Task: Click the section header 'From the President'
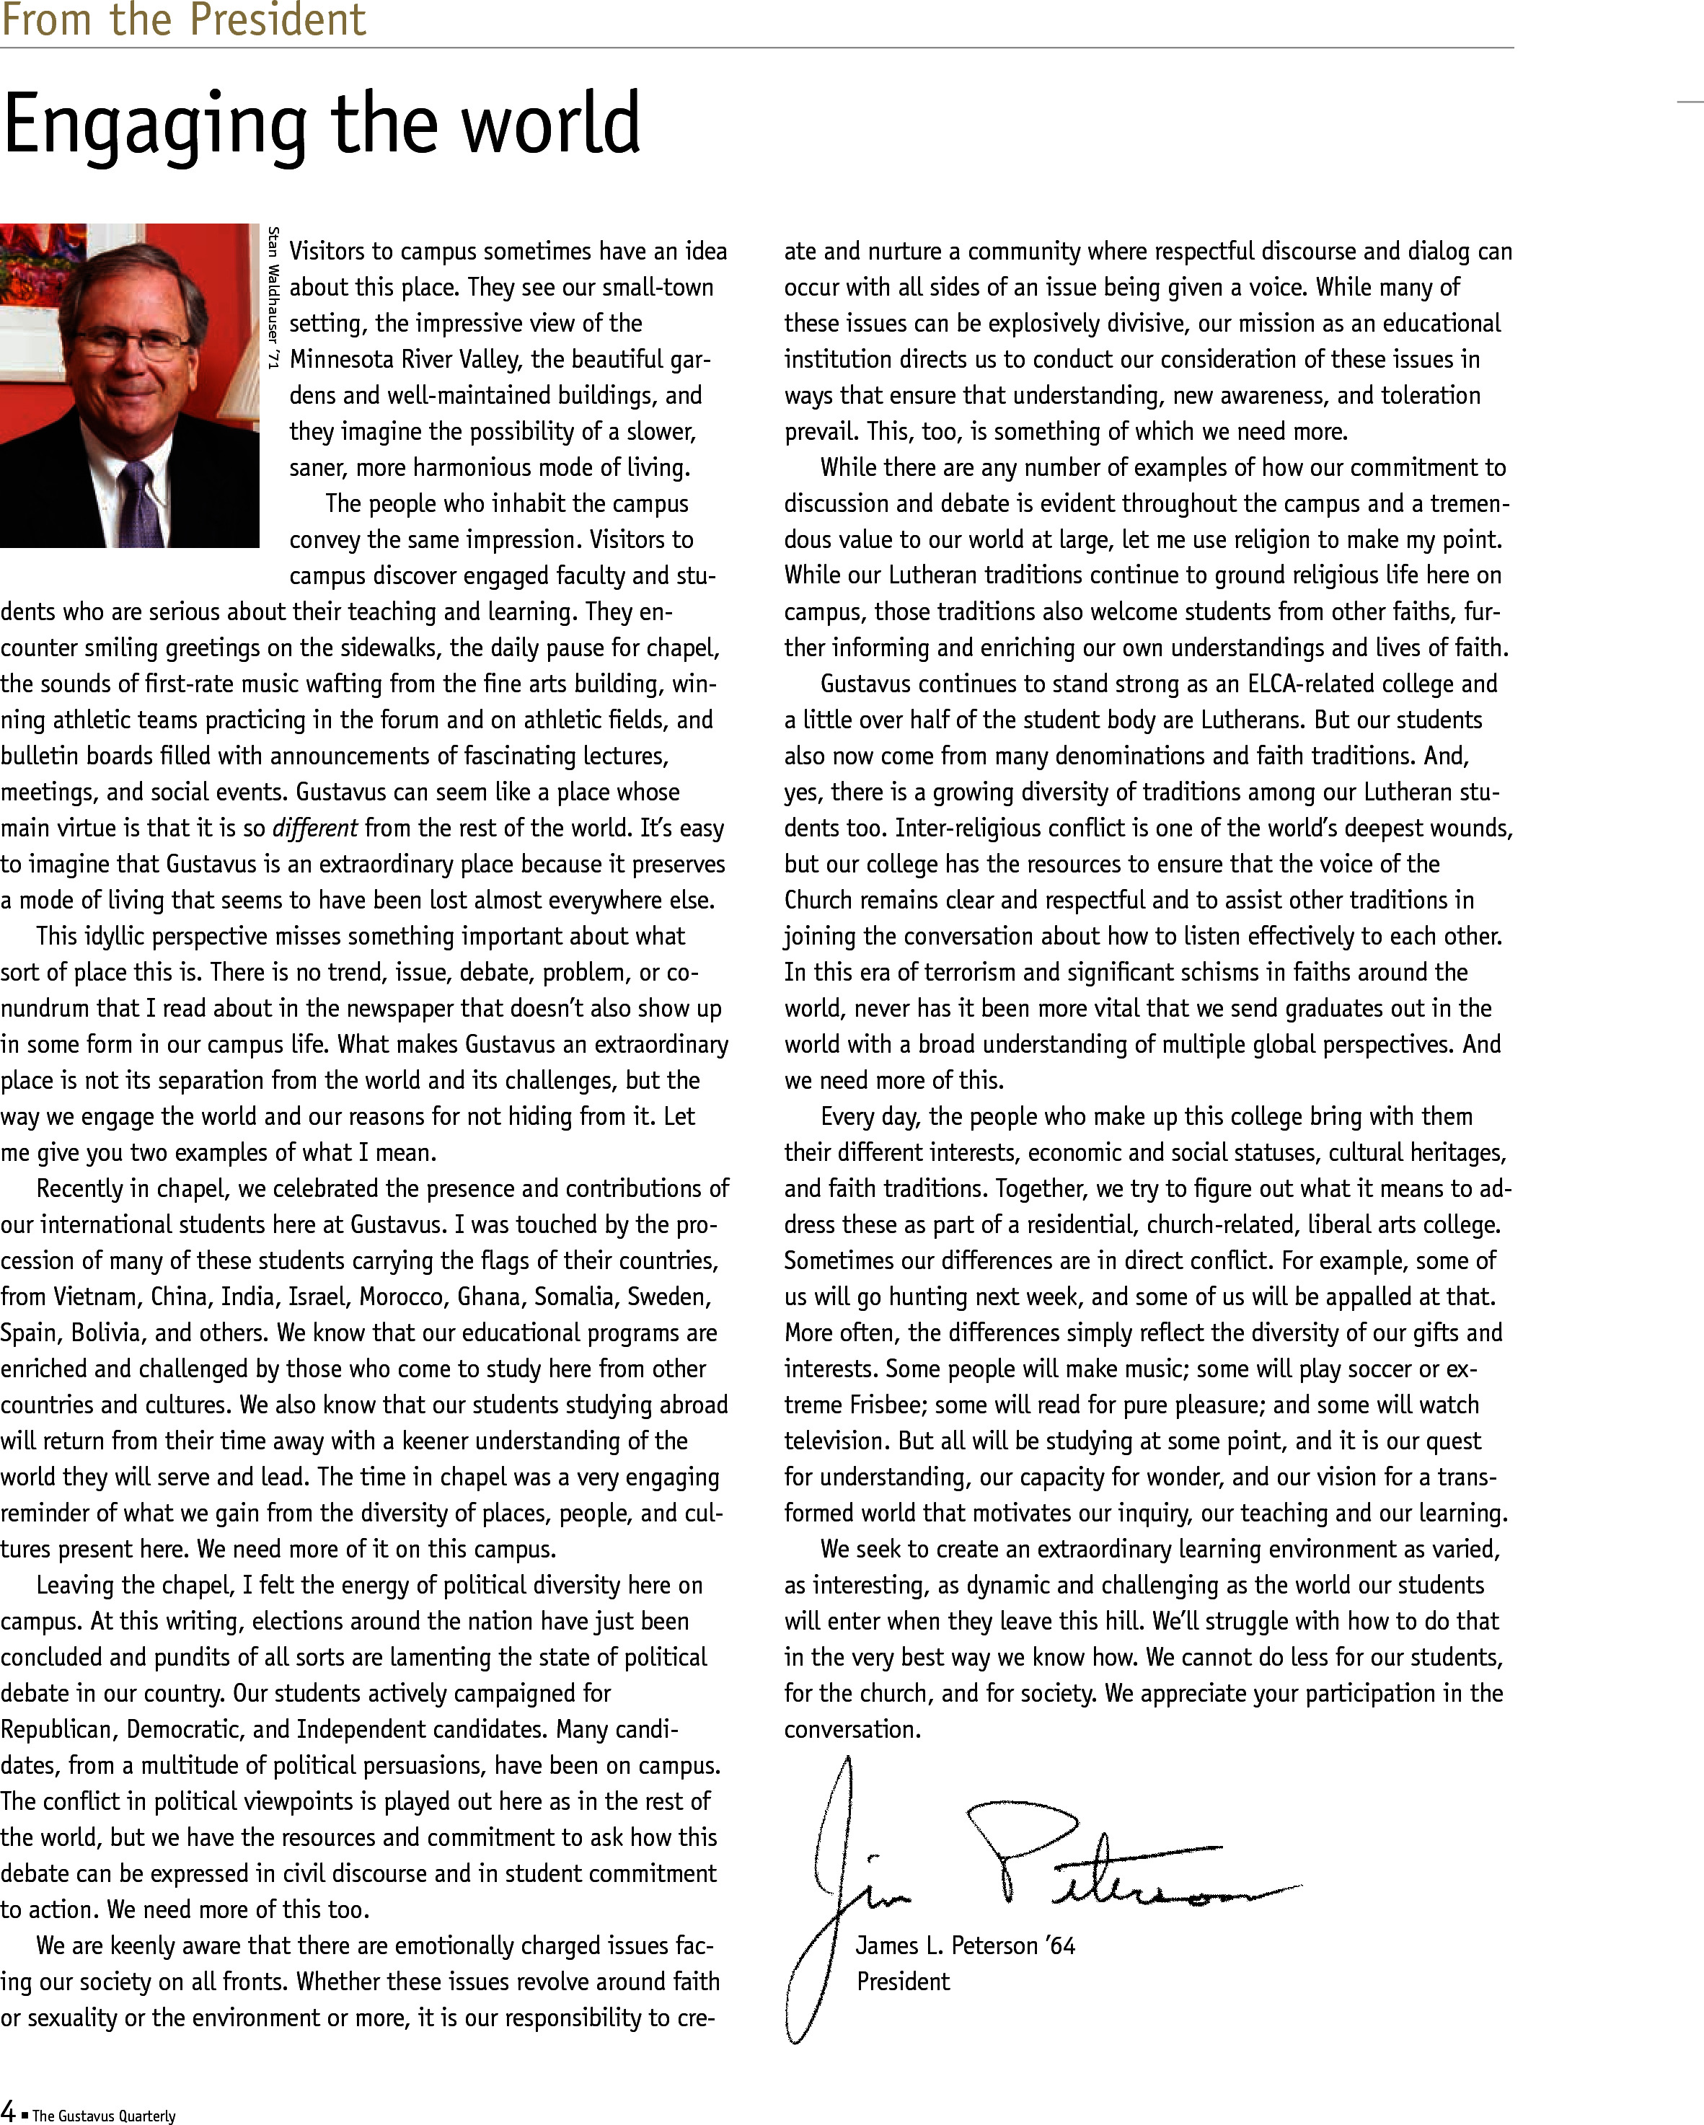pos(183,19)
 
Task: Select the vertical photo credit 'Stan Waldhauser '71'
pos(273,298)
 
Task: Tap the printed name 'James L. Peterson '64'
pos(965,1945)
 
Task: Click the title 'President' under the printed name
pos(903,1981)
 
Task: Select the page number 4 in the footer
pos(8,2110)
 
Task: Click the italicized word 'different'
pos(315,828)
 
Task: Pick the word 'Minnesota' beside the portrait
pos(341,360)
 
